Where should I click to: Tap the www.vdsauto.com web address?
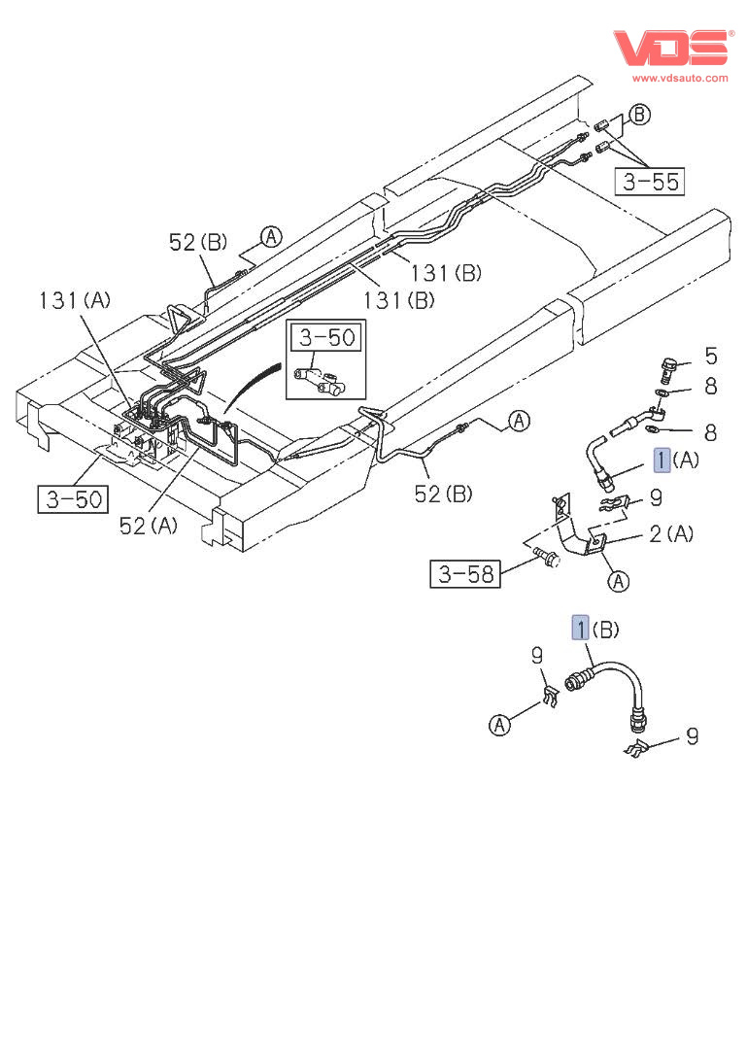click(680, 78)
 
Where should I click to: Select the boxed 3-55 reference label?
click(650, 181)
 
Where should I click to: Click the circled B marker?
click(639, 115)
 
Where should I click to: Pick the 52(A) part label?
click(149, 526)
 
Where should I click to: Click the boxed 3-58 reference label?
click(465, 574)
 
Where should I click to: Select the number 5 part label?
click(710, 356)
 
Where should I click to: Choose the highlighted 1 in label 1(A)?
click(662, 460)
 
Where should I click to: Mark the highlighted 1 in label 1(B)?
click(580, 629)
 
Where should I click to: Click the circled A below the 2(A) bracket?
click(618, 581)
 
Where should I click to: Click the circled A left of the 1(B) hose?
click(499, 725)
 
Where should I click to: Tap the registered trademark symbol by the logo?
click(731, 33)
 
